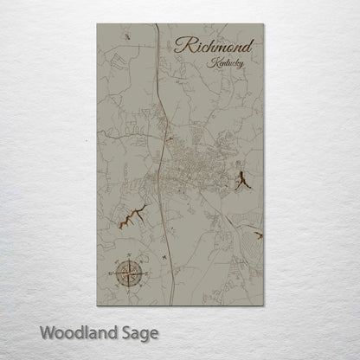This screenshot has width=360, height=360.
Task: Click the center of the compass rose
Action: click(129, 271)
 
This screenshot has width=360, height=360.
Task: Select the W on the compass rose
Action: click(114, 271)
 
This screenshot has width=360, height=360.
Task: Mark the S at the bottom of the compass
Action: click(129, 286)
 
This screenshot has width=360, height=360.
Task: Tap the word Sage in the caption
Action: click(138, 332)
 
